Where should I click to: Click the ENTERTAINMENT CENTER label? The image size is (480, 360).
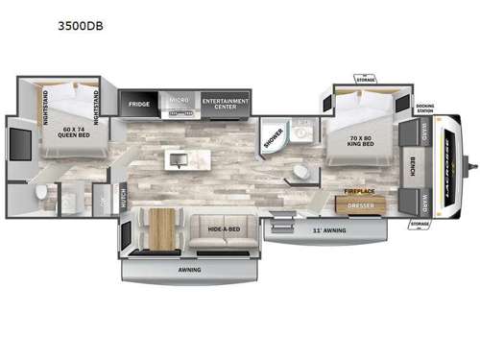(226, 102)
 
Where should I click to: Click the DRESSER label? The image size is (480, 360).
(360, 204)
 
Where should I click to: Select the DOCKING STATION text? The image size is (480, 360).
(425, 108)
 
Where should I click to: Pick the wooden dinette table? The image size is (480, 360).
(163, 228)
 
